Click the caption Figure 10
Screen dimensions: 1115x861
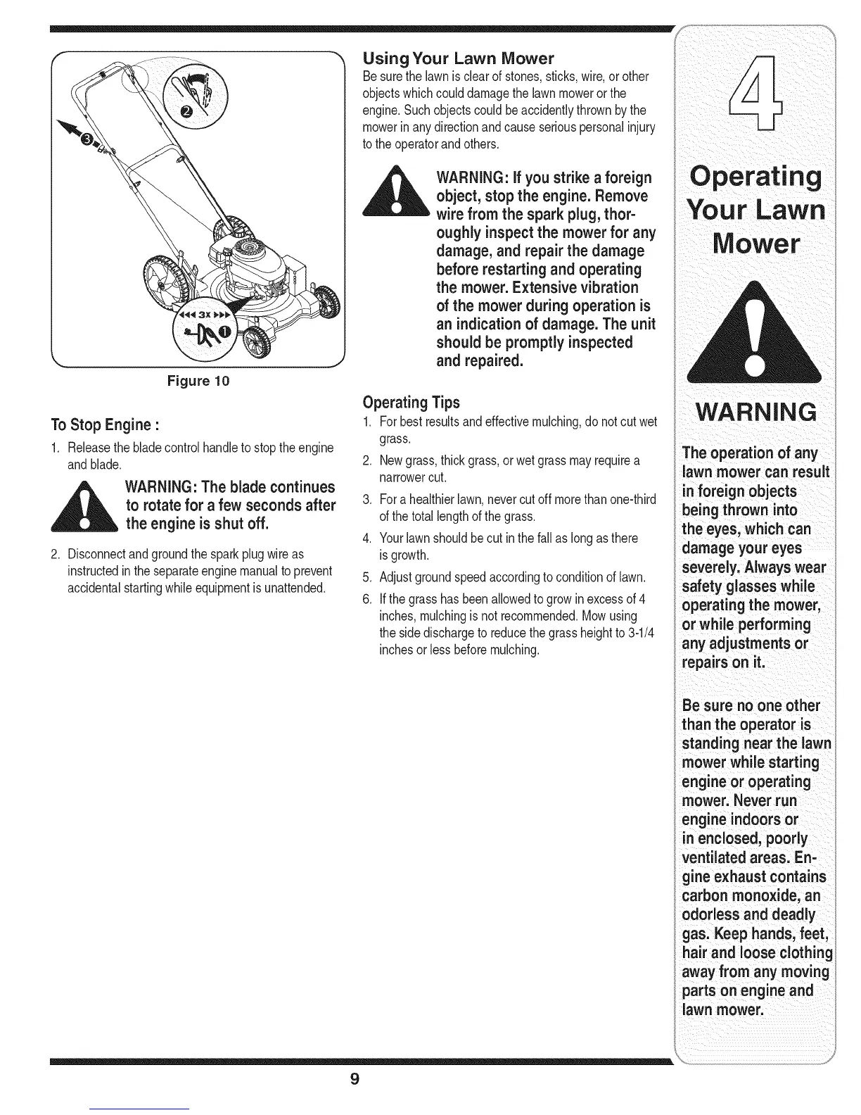[198, 381]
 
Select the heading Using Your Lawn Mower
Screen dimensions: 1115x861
[458, 58]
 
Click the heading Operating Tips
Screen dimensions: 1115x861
[410, 403]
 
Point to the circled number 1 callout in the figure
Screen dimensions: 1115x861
[224, 331]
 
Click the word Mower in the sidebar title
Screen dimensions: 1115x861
[755, 244]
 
